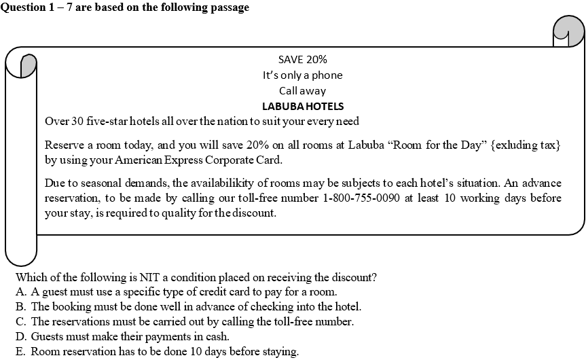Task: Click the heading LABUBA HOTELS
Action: click(303, 107)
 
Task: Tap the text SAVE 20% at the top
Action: click(303, 59)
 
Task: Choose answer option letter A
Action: click(20, 292)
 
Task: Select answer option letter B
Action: click(20, 307)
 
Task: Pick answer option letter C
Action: click(20, 322)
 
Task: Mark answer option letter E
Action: click(20, 352)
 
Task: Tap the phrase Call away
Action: click(303, 91)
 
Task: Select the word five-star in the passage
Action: click(94, 122)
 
